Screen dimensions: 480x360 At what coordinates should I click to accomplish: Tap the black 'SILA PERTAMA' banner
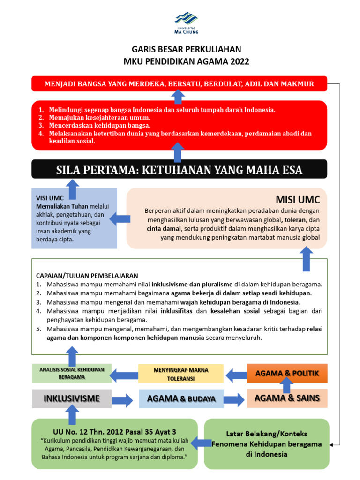click(x=180, y=170)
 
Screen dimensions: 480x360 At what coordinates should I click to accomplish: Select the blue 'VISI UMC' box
click(x=74, y=218)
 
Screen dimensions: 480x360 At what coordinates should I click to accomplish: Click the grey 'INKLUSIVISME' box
click(x=72, y=398)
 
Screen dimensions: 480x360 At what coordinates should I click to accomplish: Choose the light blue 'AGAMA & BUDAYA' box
click(x=181, y=399)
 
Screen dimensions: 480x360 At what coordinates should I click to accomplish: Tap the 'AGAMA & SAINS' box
click(x=287, y=398)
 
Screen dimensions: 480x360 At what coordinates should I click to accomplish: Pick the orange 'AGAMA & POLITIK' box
click(x=287, y=373)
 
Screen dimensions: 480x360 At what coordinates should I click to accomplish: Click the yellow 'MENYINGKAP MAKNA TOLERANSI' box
click(x=181, y=374)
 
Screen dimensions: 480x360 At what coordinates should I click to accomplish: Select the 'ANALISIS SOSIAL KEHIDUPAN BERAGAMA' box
click(x=72, y=373)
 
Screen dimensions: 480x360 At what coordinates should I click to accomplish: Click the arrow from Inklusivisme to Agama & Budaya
click(x=123, y=399)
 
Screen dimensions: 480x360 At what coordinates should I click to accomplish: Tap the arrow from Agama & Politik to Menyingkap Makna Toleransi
click(x=237, y=374)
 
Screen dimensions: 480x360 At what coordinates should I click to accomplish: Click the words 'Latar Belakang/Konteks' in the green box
click(x=267, y=434)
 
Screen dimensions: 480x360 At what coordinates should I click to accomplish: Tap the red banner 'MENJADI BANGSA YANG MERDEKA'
click(x=180, y=84)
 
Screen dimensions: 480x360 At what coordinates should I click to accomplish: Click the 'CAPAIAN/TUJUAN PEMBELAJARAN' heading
click(x=87, y=275)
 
